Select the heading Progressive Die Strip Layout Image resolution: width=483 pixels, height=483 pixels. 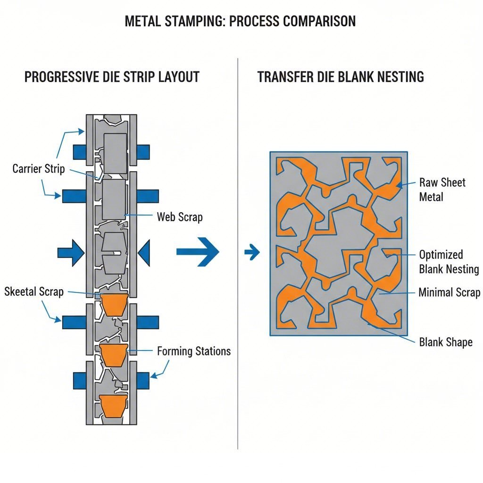click(x=112, y=77)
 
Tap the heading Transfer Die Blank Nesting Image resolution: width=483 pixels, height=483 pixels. click(x=341, y=77)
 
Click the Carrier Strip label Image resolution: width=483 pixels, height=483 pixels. click(x=39, y=169)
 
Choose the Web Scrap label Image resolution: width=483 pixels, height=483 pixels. click(x=179, y=217)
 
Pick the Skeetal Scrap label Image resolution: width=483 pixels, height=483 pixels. click(x=33, y=291)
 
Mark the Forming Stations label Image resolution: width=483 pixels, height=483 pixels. click(x=193, y=351)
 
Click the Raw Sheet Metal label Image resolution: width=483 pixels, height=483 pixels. click(x=442, y=190)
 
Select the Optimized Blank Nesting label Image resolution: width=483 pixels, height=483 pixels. click(x=449, y=262)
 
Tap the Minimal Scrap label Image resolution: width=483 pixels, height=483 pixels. click(x=449, y=293)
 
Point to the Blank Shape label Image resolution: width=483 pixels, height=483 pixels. click(x=445, y=342)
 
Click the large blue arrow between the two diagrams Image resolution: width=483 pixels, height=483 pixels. click(x=198, y=252)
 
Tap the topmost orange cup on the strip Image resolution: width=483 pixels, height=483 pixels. click(x=115, y=304)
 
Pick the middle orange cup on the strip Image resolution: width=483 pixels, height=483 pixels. click(x=114, y=354)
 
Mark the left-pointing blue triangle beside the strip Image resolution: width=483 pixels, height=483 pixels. click(x=144, y=253)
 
